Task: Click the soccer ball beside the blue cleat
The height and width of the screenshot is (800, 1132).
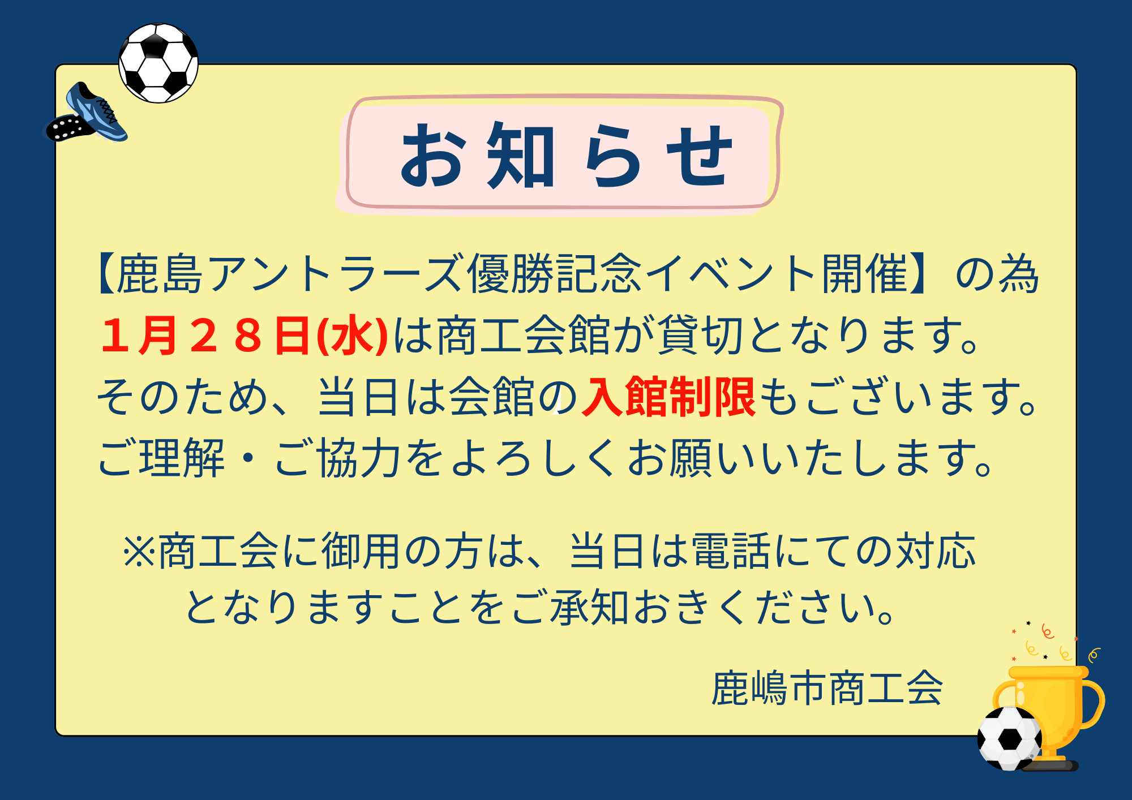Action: [x=158, y=63]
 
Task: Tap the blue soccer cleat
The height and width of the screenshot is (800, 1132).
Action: [x=87, y=114]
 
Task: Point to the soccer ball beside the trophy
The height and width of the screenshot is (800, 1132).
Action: [x=1010, y=738]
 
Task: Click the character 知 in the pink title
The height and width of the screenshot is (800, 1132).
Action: [x=521, y=156]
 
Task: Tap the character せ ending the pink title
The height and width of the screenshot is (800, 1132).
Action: [x=699, y=156]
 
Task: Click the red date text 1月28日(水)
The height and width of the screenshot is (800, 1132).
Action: [x=244, y=336]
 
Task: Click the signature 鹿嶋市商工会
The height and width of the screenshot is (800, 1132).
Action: [x=827, y=688]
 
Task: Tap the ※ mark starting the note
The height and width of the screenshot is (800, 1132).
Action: [x=139, y=551]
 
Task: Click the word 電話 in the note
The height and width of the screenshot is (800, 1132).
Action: [x=732, y=551]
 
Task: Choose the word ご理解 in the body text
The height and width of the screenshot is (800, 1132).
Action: [x=162, y=458]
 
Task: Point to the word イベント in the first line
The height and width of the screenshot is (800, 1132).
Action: [x=731, y=274]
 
